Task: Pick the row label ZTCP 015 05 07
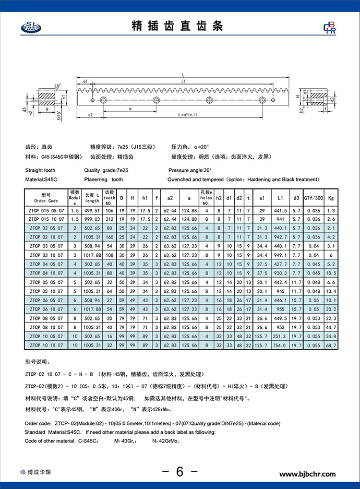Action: tap(46, 210)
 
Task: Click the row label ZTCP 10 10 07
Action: tap(46, 345)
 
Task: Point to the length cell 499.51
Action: tap(92, 210)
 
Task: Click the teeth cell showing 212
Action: tap(110, 219)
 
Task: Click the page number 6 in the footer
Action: tap(179, 472)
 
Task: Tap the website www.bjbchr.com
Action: tap(308, 474)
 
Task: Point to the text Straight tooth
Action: tap(40, 171)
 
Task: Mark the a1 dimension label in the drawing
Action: tap(85, 82)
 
